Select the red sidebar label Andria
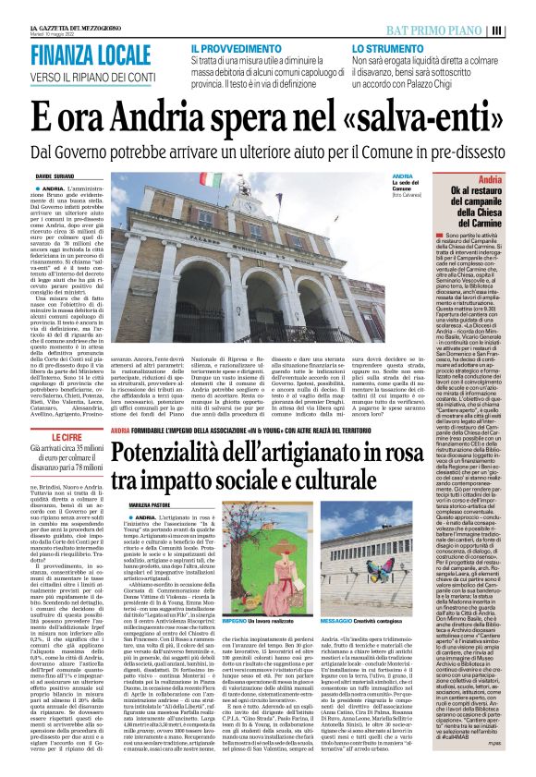pos(516,179)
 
